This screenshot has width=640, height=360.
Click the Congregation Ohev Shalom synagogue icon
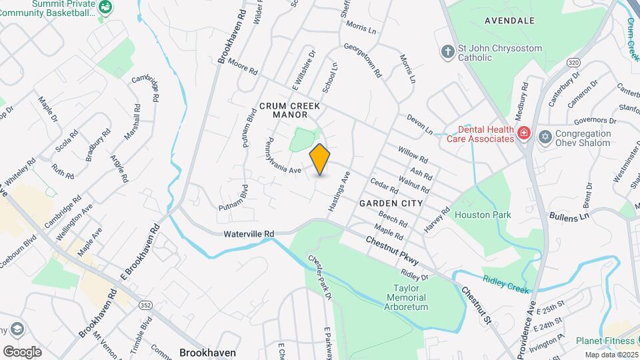(x=545, y=136)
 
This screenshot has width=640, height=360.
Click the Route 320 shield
(x=555, y=62)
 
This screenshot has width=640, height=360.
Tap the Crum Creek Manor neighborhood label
(x=289, y=110)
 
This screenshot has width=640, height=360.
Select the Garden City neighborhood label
(x=391, y=203)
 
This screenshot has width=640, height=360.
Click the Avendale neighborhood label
(x=509, y=21)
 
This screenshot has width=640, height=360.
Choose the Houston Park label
(x=483, y=215)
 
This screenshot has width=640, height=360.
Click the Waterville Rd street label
(x=249, y=234)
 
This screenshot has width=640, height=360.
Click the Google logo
(x=22, y=351)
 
